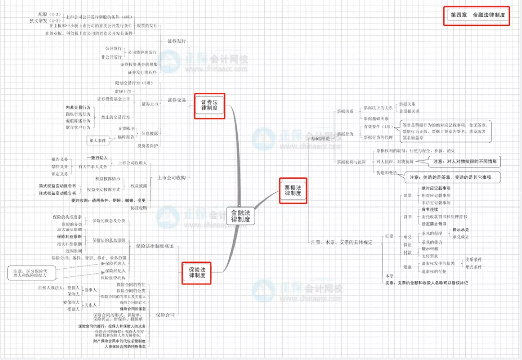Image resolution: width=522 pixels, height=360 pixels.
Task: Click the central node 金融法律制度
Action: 240,215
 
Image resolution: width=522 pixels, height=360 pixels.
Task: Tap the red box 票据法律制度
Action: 293,190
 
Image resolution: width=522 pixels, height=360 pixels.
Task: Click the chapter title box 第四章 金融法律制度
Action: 477,15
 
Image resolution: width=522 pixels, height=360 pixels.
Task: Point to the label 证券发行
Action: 176,41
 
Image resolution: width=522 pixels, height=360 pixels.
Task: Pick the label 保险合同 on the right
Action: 165,315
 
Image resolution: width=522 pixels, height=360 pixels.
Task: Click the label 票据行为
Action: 345,134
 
